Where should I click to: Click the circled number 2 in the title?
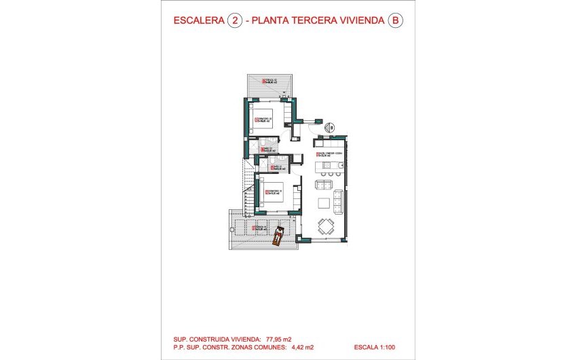[234, 21]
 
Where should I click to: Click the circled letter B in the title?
[394, 21]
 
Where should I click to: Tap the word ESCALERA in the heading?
[198, 21]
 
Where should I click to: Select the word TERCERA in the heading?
[318, 21]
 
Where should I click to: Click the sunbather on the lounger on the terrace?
[278, 236]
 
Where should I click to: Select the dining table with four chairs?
[327, 226]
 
